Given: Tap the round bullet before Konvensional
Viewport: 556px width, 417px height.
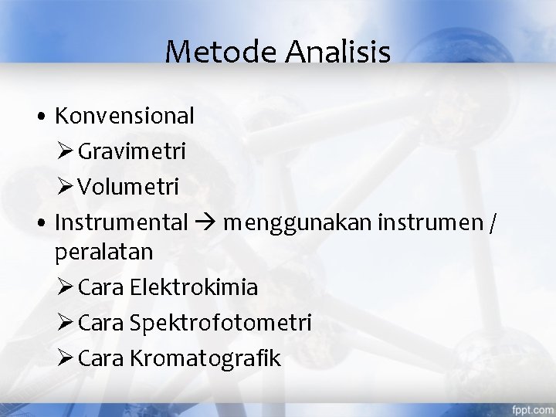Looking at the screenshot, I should point(41,117).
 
